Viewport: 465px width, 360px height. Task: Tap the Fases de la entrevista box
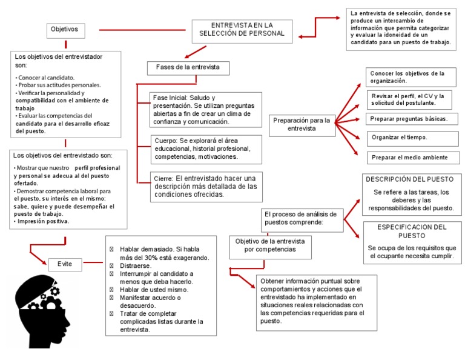188,67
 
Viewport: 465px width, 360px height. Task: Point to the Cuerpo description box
206,148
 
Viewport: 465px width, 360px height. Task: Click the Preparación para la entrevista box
302,124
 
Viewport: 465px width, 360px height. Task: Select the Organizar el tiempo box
407,138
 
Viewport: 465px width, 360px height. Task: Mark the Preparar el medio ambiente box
409,157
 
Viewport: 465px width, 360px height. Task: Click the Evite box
65,264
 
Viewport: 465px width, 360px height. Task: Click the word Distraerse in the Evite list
135,265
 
